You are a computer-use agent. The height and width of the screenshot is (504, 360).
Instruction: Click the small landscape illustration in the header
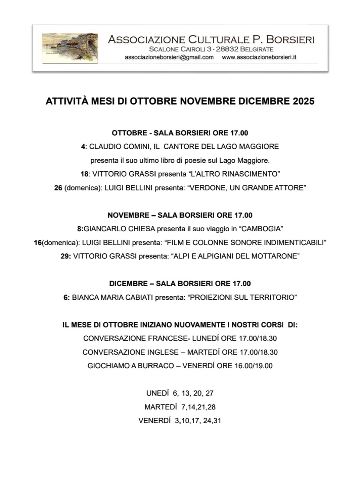tap(69, 49)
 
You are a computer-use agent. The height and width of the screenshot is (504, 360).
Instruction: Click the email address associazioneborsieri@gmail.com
tap(169, 57)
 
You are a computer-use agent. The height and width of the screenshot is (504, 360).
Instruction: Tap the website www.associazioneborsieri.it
tap(259, 57)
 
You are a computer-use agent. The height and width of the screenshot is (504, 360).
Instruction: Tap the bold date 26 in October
tap(58, 188)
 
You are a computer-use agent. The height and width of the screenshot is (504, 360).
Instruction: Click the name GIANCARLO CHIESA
tap(117, 228)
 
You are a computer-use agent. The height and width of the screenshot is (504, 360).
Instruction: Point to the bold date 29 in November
tap(65, 256)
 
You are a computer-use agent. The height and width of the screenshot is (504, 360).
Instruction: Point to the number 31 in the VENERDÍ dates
tap(217, 421)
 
